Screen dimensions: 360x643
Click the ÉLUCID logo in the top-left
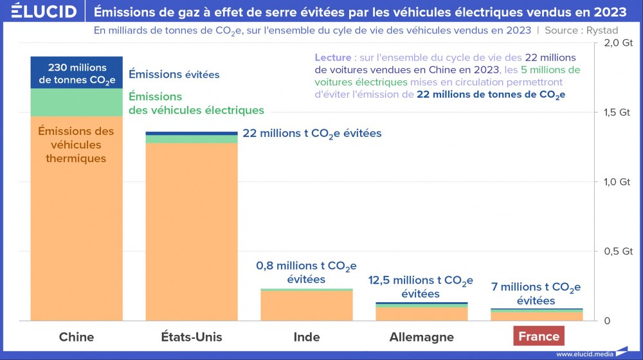pos(40,12)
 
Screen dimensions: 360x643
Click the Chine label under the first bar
pos(77,337)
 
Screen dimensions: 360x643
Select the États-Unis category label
pos(192,337)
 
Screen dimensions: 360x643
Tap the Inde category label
pos(307,337)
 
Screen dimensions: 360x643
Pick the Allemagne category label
pos(422,337)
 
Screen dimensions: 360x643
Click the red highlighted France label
pos(539,336)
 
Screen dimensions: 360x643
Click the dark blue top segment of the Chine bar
pos(77,72)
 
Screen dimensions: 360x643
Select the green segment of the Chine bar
pos(77,102)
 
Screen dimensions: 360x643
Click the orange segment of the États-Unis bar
pos(192,231)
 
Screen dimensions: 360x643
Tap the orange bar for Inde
pos(307,305)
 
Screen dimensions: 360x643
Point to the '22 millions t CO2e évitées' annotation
pos(312,134)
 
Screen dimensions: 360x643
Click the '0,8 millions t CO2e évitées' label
pos(306,273)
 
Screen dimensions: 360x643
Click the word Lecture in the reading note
pos(332,58)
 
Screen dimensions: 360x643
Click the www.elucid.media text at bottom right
pos(584,354)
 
